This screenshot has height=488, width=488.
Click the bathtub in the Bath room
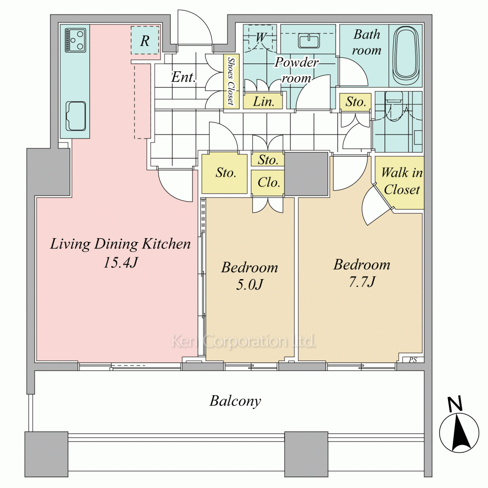click(x=406, y=56)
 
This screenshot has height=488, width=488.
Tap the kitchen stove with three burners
click(x=75, y=40)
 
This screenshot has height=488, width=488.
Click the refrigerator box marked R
click(x=145, y=40)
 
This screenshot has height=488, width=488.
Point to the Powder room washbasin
click(x=309, y=41)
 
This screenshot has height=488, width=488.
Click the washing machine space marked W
click(x=259, y=38)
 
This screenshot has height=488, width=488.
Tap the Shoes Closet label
click(x=231, y=81)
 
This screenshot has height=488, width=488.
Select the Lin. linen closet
click(x=263, y=102)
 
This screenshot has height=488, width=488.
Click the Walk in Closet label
click(x=402, y=181)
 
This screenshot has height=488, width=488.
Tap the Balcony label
click(x=235, y=401)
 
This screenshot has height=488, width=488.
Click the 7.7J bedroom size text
click(x=362, y=282)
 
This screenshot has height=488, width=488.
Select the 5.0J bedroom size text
click(x=249, y=285)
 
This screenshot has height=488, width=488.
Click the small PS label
click(x=413, y=360)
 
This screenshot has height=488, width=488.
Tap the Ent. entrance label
click(x=183, y=77)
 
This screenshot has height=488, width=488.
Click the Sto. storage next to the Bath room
click(x=355, y=102)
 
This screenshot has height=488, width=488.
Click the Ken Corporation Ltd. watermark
click(x=244, y=342)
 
